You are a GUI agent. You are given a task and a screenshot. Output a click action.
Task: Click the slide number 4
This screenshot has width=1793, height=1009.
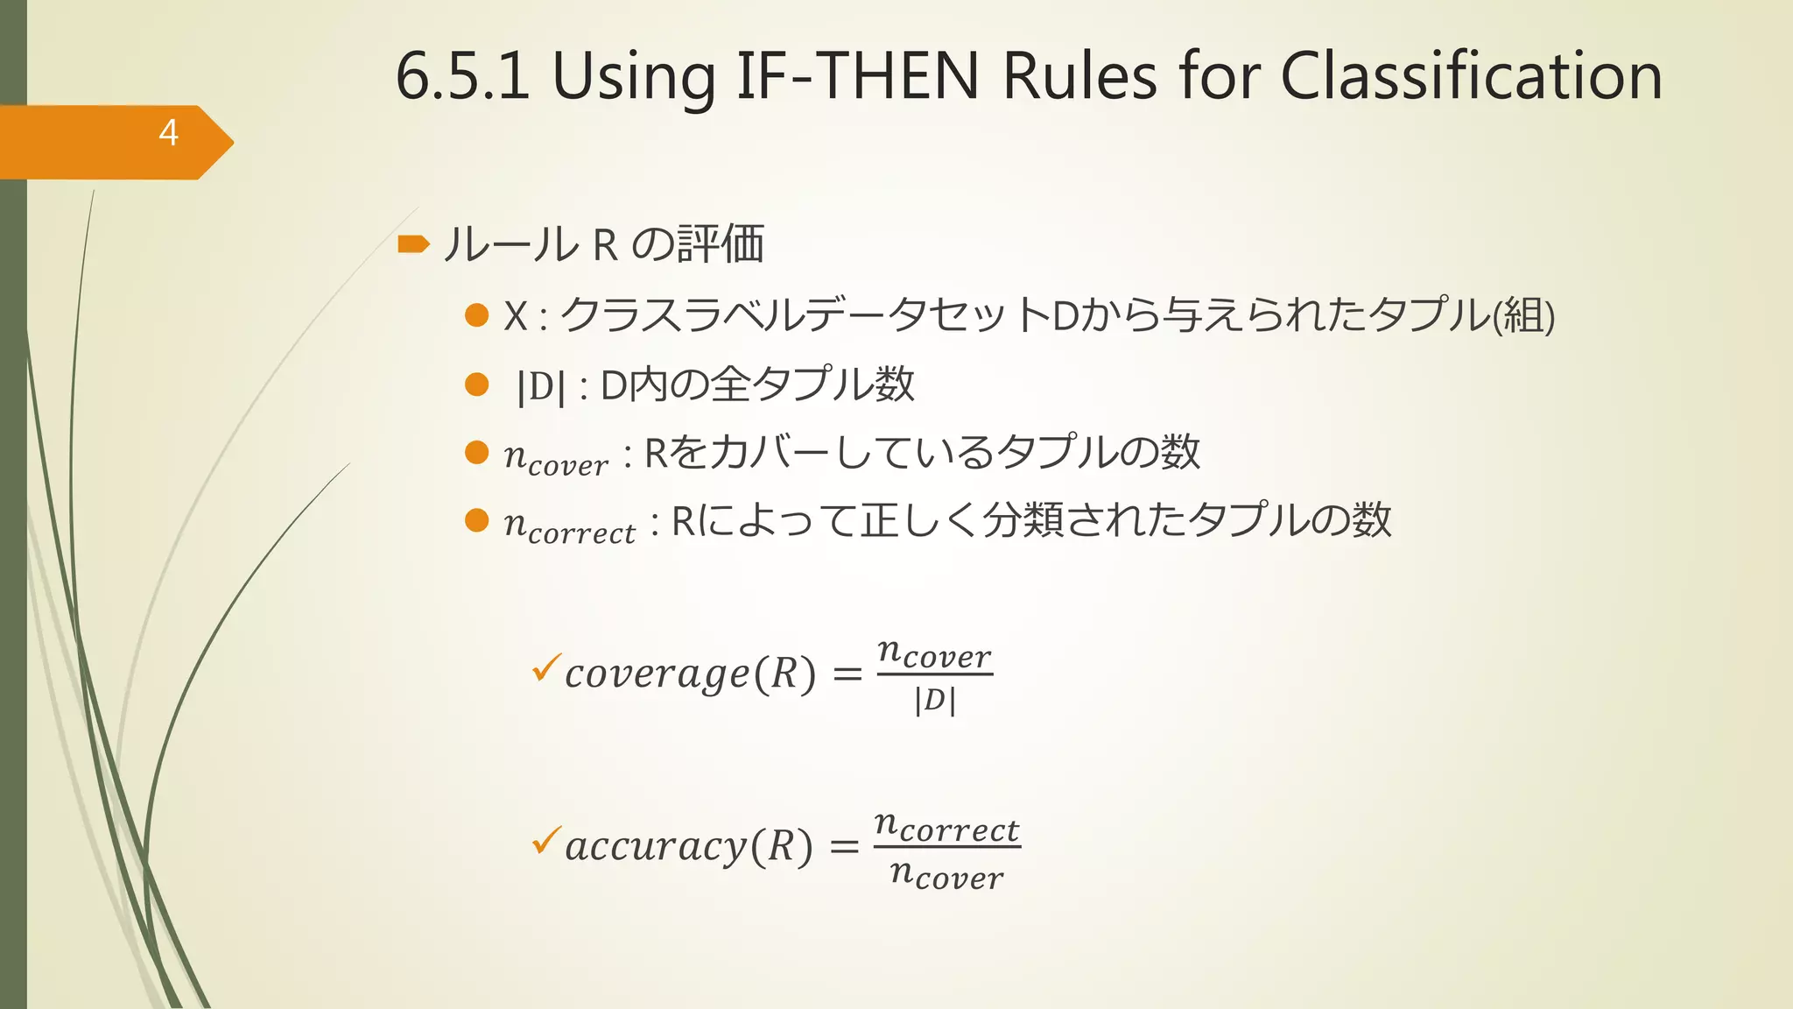168,133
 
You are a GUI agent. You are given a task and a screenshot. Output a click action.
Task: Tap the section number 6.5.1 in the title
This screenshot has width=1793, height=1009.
462,76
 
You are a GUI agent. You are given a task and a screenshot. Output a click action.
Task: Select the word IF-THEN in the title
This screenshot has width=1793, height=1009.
856,76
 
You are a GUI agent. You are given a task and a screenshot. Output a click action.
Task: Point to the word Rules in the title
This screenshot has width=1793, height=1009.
1079,76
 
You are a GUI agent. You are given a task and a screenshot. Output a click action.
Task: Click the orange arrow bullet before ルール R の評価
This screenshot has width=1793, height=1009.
413,243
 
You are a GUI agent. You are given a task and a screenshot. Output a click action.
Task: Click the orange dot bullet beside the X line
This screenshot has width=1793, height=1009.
476,315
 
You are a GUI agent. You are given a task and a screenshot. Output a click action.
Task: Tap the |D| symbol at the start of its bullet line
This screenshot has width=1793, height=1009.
541,386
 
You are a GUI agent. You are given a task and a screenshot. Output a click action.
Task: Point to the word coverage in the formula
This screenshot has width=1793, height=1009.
657,674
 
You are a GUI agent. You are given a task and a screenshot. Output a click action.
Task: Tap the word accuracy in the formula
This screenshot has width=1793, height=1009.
656,847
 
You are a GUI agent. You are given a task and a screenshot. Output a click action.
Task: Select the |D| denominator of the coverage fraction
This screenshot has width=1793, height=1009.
934,701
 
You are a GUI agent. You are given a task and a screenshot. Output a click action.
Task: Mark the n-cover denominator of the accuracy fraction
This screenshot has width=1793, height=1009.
946,873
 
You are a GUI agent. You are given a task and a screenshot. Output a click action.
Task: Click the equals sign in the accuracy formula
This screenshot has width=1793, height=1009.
844,847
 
